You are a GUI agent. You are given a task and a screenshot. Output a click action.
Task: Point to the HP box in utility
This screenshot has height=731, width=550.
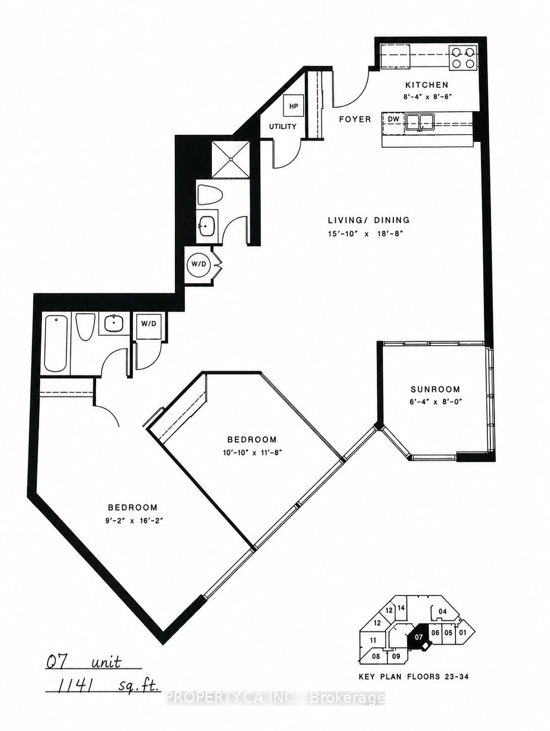[293, 106]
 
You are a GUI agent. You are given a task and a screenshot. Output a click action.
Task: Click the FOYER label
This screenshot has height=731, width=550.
[355, 119]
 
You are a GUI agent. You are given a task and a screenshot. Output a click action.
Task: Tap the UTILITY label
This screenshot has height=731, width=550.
[283, 126]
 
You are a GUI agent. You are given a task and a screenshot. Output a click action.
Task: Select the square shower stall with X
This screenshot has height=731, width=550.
[231, 160]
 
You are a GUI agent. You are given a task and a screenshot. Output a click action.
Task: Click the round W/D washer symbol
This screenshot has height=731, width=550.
[199, 264]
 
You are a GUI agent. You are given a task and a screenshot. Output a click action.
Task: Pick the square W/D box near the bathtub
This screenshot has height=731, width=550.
[149, 326]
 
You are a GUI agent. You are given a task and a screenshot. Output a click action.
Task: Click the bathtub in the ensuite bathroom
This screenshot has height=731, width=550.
[56, 344]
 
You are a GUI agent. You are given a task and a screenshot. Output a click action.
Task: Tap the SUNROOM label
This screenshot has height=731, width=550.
[435, 389]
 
